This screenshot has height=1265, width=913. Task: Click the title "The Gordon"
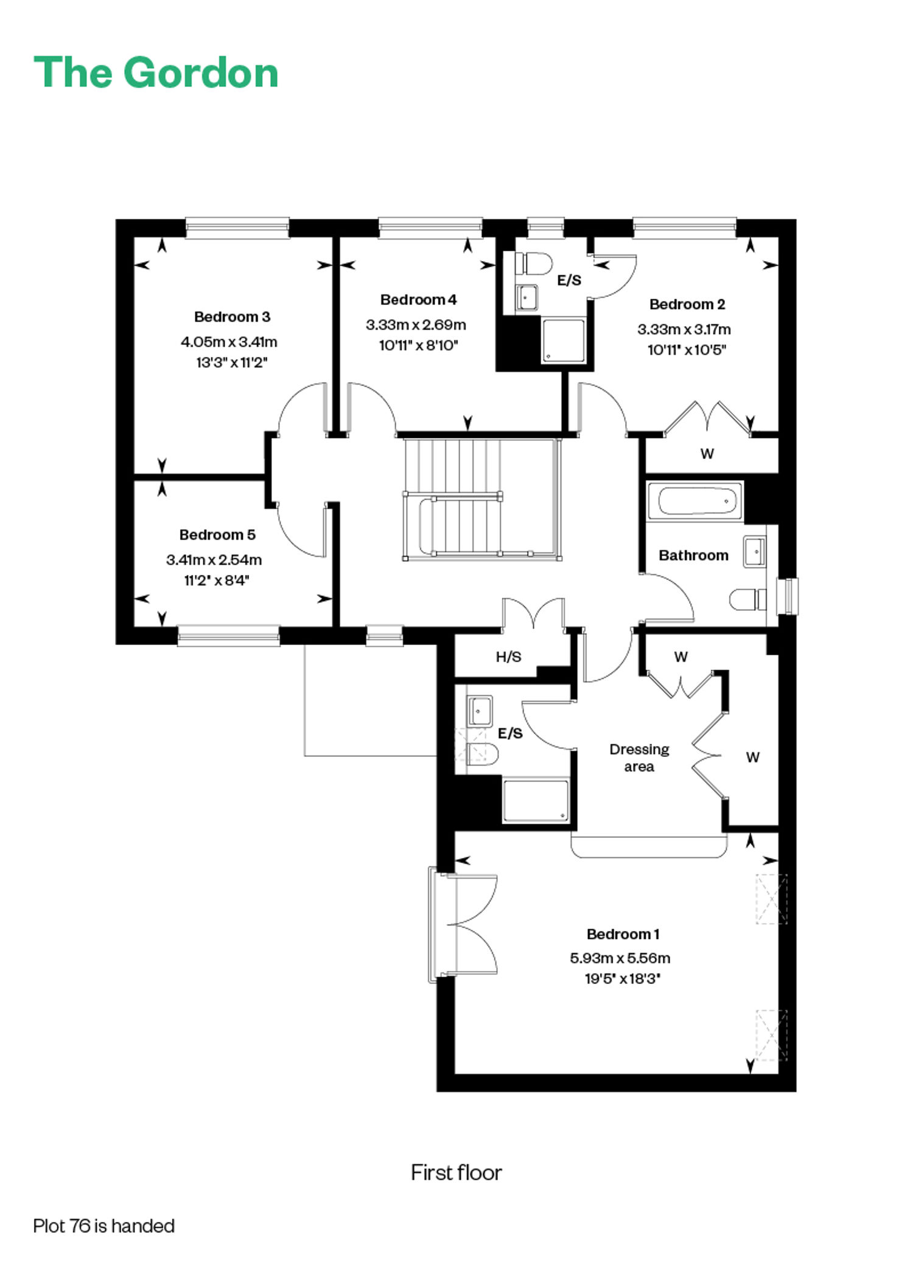pyautogui.click(x=156, y=72)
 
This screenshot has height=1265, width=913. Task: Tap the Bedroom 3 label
pyautogui.click(x=232, y=316)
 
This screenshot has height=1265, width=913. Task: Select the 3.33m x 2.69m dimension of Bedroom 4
pyautogui.click(x=416, y=325)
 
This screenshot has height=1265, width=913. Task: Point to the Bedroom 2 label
pyautogui.click(x=687, y=304)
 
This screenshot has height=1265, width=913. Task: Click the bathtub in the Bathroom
pyautogui.click(x=695, y=501)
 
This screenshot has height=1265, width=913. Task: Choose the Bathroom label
pyautogui.click(x=693, y=555)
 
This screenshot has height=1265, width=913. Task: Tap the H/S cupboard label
pyautogui.click(x=508, y=657)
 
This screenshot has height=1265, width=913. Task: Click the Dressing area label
pyautogui.click(x=639, y=758)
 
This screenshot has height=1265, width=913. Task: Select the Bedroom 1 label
pyautogui.click(x=623, y=934)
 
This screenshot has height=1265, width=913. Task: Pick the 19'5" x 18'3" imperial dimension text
pyautogui.click(x=622, y=979)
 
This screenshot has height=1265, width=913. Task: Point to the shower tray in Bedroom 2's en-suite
pyautogui.click(x=564, y=341)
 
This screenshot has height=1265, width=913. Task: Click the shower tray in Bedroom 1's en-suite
pyautogui.click(x=536, y=800)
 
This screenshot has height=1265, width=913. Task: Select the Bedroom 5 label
pyautogui.click(x=217, y=535)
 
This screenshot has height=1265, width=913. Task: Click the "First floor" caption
pyautogui.click(x=456, y=1173)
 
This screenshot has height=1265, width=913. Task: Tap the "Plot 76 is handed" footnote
pyautogui.click(x=104, y=1225)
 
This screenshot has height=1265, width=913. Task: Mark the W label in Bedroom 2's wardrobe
pyautogui.click(x=707, y=453)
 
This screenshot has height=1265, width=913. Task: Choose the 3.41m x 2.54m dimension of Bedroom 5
pyautogui.click(x=214, y=560)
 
